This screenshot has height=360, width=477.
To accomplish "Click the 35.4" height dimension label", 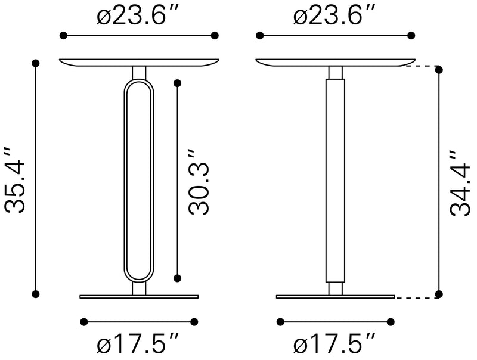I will [15, 179].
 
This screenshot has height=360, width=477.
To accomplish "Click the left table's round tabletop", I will [138, 62].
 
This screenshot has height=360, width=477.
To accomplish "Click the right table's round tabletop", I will [335, 62].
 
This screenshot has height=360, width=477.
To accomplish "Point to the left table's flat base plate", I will [138, 296].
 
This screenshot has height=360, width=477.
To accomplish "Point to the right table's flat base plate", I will [335, 296].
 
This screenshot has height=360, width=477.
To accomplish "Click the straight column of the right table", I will [335, 179].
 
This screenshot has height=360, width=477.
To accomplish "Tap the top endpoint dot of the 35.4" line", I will [36, 63].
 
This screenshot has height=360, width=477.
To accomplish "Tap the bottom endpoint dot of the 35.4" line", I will [36, 293].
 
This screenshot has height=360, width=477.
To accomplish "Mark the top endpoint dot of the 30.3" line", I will [177, 82].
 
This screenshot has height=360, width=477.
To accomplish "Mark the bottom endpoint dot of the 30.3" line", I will [177, 278].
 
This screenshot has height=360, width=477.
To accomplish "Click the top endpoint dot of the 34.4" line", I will [439, 70].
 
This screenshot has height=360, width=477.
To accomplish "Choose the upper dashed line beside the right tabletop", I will [425, 66].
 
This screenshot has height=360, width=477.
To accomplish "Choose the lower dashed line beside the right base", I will [417, 297].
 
